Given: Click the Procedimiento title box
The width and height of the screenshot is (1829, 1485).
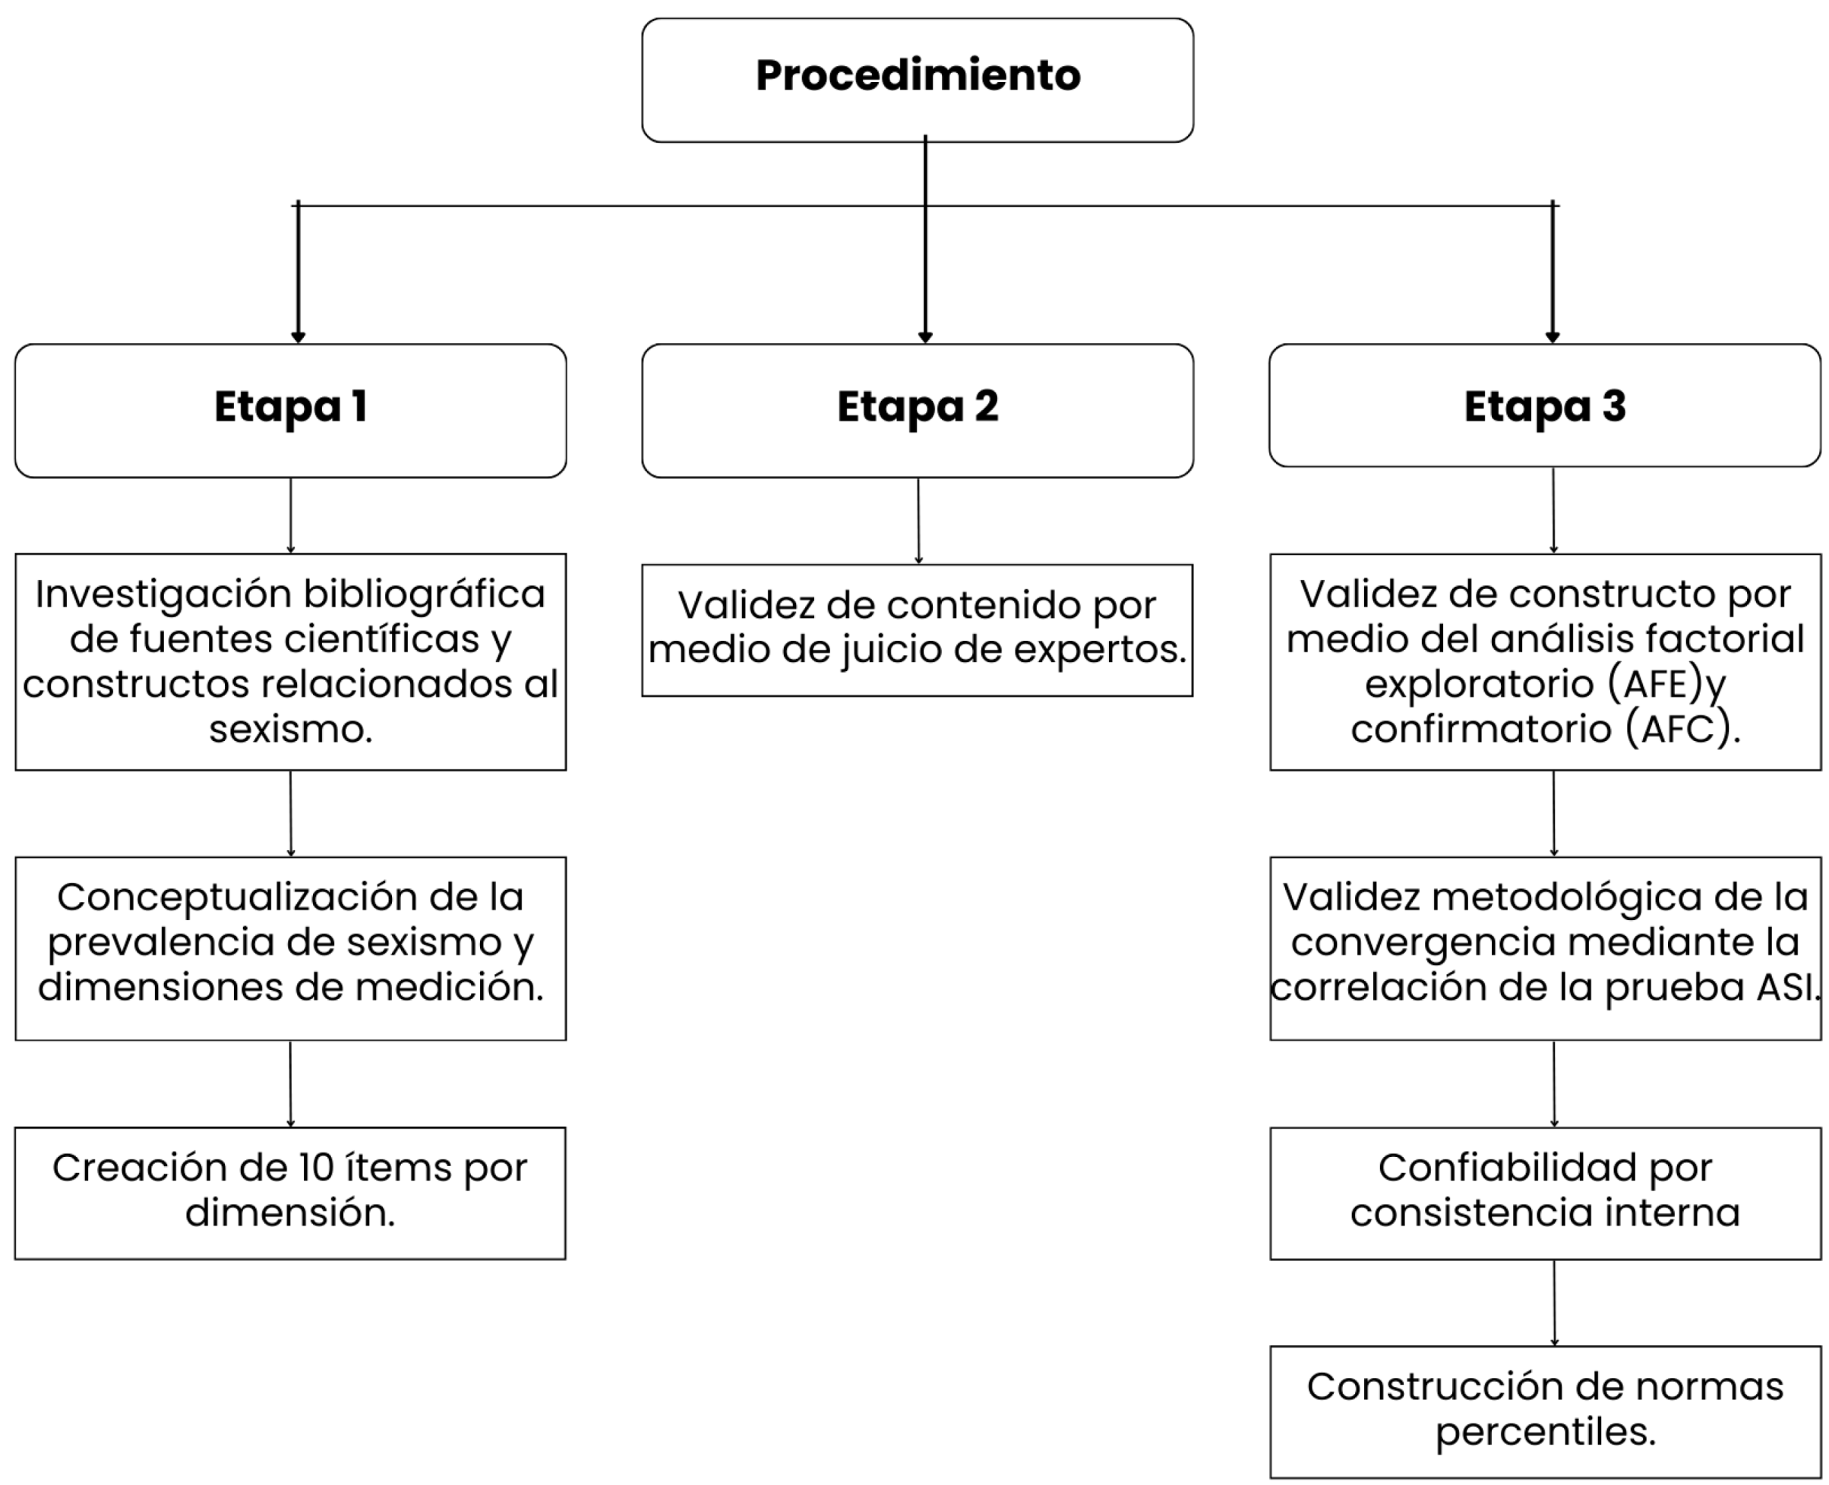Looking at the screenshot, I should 917,79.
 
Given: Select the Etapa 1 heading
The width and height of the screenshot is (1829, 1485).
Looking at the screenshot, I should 290,407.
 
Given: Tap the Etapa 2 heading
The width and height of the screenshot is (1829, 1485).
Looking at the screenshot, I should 917,407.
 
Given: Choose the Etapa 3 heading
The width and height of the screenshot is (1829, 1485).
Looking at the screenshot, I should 1544,407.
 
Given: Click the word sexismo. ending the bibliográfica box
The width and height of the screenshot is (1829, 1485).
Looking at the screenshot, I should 290,730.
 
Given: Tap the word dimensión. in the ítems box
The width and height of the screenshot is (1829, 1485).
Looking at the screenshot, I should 290,1213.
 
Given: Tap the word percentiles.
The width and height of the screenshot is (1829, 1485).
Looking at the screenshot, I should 1545,1432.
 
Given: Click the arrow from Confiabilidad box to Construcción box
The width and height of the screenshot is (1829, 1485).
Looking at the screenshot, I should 1554,1302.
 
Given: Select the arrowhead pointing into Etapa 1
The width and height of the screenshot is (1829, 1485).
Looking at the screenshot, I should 298,337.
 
